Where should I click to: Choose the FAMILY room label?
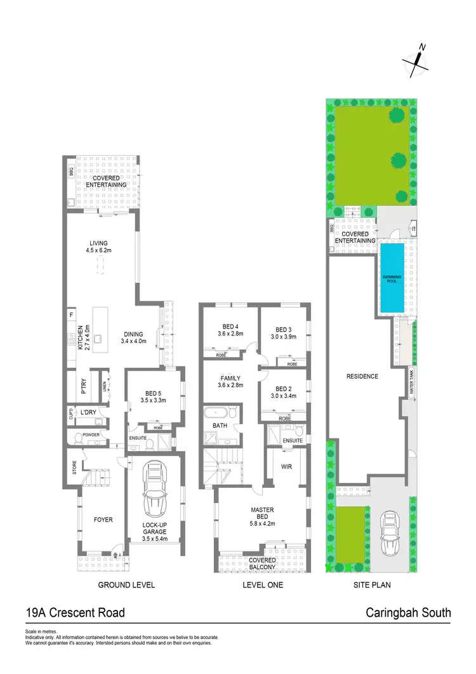pos(230,381)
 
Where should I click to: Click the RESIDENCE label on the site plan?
pos(362,376)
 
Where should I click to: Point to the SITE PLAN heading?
pos(373,584)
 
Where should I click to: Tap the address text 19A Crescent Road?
pos(75,613)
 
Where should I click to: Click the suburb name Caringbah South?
pos(409,613)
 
